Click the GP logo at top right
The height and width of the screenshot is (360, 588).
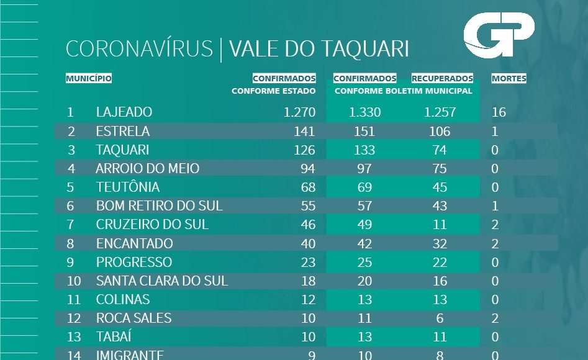[499, 37]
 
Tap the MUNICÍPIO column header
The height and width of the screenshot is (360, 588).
[89, 79]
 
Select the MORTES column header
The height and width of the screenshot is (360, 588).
[509, 79]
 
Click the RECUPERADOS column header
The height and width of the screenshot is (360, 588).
[442, 79]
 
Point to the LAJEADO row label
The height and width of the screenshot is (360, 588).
[124, 112]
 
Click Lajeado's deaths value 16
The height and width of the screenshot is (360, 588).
[499, 112]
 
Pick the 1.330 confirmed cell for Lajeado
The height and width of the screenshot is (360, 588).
[364, 112]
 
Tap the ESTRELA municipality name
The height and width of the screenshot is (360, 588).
[123, 132]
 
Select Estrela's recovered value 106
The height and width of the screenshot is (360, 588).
[440, 132]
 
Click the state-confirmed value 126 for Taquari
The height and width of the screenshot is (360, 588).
[305, 150]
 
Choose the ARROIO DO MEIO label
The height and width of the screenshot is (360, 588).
[148, 169]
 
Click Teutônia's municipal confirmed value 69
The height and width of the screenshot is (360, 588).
[364, 187]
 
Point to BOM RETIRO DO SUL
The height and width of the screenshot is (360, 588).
[159, 206]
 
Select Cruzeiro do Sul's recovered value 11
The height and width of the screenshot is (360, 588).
[440, 225]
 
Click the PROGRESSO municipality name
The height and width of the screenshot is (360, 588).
[134, 263]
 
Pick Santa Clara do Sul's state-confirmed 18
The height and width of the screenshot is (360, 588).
[308, 281]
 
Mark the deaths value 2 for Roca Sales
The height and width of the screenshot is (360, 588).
[495, 318]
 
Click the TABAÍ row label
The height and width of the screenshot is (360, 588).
[114, 337]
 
